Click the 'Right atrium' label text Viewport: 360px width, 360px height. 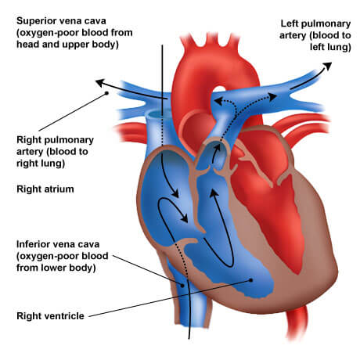pos(45,189)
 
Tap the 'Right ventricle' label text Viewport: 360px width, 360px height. pos(50,316)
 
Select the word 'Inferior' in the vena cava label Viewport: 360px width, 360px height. pos(33,244)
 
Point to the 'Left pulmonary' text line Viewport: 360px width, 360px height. pos(315,24)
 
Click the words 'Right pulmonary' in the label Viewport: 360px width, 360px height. pos(55,140)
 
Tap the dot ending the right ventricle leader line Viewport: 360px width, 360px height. pos(250,280)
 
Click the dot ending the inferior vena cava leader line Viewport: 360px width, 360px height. pos(182,286)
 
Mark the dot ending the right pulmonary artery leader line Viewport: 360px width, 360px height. pos(106,93)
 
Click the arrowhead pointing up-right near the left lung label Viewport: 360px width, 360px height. pos(327,66)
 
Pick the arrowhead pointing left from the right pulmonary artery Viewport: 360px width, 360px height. pos(100,83)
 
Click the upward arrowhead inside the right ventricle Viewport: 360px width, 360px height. pos(214,193)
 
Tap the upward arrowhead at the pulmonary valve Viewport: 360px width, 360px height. pos(217,148)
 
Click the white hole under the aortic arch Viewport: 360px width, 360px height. pos(219,89)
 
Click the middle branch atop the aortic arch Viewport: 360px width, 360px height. pos(211,39)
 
